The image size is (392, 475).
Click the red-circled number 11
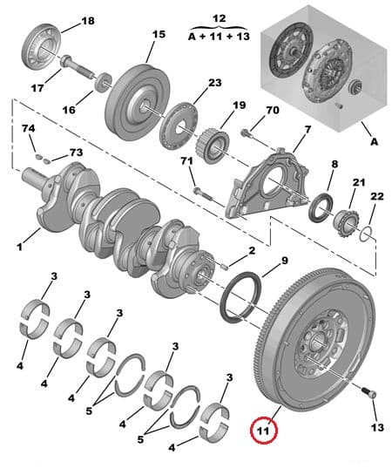coord(261,429)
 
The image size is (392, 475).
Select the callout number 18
coord(88,20)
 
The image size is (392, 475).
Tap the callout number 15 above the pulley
coord(158,35)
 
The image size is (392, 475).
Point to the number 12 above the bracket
coord(219,18)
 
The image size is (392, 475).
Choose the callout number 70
coord(272,111)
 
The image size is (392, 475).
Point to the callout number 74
coord(29,128)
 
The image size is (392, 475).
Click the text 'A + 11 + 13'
coord(218,37)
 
